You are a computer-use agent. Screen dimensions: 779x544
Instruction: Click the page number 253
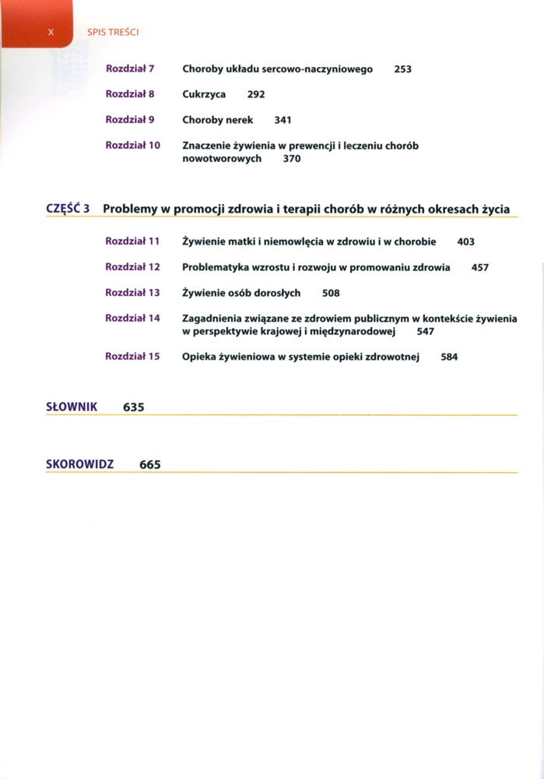[x=402, y=69]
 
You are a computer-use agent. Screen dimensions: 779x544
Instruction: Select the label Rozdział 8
[x=130, y=94]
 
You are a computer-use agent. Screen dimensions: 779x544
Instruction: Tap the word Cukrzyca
[x=204, y=95]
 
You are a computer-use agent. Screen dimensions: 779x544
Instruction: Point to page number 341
[x=283, y=121]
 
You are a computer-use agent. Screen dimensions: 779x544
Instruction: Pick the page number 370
[x=292, y=159]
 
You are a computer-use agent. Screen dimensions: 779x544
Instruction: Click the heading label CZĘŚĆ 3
[x=69, y=209]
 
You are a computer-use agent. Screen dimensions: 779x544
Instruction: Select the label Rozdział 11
[x=132, y=241]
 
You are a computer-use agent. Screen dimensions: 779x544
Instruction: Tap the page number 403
[x=465, y=242]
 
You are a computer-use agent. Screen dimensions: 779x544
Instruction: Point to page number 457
[x=480, y=267]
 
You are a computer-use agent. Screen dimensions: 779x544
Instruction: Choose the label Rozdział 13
[x=132, y=293]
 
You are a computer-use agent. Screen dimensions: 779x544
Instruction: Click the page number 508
[x=331, y=294]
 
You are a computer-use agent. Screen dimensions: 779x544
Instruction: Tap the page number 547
[x=425, y=332]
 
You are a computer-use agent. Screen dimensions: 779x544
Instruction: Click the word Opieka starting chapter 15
[x=198, y=357]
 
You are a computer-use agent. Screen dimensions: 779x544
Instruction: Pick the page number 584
[x=449, y=358]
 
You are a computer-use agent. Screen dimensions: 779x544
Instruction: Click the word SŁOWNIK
[x=72, y=407]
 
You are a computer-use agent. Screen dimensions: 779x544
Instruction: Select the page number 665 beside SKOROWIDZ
[x=150, y=464]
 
